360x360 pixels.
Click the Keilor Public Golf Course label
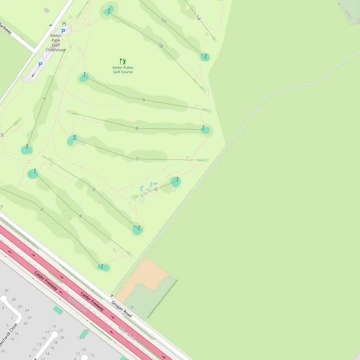point(123,70)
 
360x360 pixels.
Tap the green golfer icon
point(123,62)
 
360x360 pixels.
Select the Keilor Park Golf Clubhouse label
point(56,43)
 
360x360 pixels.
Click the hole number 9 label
point(143,100)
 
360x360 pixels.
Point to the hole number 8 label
point(137,129)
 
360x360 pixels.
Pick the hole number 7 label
point(137,159)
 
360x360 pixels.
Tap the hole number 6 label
point(156,189)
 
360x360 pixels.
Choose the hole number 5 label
point(94,189)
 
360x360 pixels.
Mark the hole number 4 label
point(80,216)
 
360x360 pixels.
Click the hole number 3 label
point(41,209)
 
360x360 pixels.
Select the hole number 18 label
point(161,45)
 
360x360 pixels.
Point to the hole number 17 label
point(164,21)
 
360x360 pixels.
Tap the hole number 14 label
point(198,17)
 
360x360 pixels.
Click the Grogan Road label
point(121,309)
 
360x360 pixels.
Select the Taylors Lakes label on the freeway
point(77,304)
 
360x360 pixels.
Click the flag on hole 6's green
point(177,179)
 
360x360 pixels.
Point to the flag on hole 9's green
point(85,75)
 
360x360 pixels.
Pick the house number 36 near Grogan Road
point(132,307)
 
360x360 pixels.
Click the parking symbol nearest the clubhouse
point(63,31)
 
